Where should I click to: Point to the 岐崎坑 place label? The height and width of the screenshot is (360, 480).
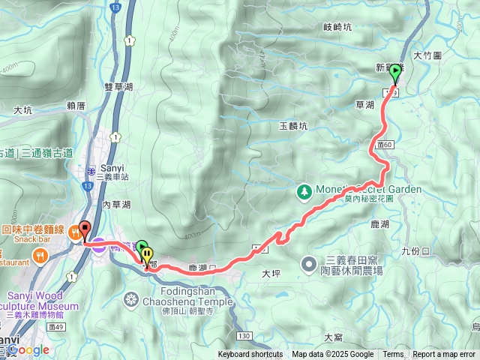tap(337, 27)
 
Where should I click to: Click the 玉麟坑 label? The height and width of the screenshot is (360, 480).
tap(293, 127)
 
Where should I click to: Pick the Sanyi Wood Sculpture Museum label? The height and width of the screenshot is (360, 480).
tap(42, 301)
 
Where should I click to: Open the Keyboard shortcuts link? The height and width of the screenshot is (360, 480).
tap(250, 355)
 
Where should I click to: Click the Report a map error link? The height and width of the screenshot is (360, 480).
tap(444, 355)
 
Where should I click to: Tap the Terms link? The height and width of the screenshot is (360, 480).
tap(393, 355)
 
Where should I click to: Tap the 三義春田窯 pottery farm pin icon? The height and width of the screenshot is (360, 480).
tap(308, 263)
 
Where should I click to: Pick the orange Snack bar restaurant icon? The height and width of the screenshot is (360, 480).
tap(76, 233)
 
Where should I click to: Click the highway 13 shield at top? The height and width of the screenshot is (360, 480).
tap(115, 7)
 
